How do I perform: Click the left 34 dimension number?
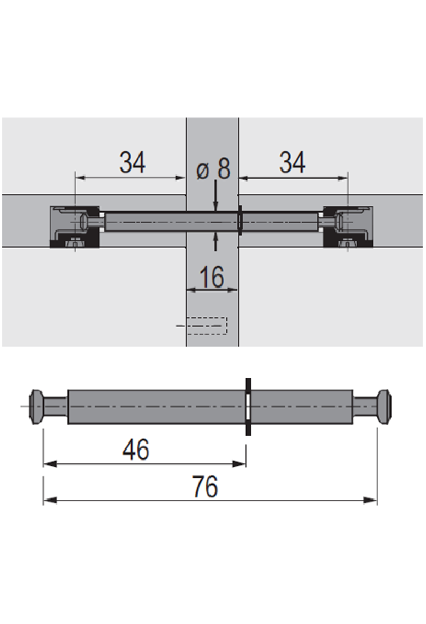[132, 163]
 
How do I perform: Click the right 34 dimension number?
[292, 163]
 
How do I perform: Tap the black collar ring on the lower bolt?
[248, 406]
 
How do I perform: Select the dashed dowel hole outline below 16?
[207, 325]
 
